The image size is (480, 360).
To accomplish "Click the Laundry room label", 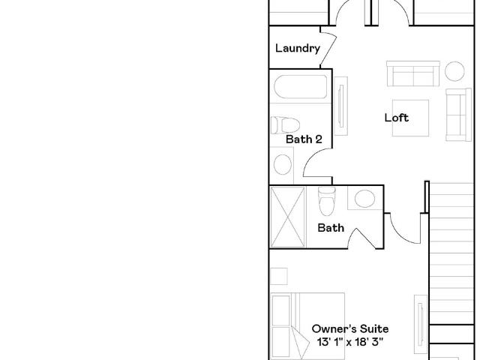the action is [x=298, y=48].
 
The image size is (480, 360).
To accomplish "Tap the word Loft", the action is [x=397, y=118].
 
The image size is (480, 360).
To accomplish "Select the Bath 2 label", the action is [x=304, y=139].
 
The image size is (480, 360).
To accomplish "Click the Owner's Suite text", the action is [x=350, y=328].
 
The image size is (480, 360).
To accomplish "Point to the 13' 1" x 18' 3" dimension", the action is [x=350, y=342].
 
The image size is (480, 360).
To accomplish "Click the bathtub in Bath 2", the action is [x=300, y=87].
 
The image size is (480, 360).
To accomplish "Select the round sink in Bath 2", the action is [x=282, y=165].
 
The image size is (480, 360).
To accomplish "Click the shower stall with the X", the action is [x=288, y=217].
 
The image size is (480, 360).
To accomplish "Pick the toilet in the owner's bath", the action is [x=327, y=201].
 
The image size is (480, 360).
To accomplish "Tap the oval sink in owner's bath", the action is [x=364, y=198].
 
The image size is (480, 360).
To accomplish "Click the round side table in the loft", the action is [x=454, y=71].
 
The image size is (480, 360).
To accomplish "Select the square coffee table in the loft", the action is [x=410, y=118].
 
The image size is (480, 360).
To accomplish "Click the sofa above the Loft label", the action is [x=413, y=73].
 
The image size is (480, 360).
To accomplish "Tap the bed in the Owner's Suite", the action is [x=308, y=326].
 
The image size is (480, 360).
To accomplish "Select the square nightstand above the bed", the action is [x=279, y=277].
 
